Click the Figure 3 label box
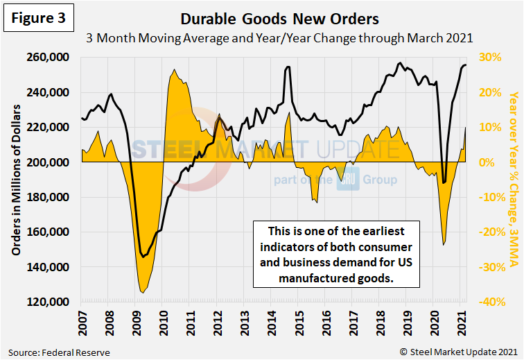tap(38, 19)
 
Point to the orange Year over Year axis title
tap(513, 180)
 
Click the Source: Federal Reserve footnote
tap(57, 352)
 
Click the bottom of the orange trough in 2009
tap(143, 293)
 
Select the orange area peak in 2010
tap(173, 69)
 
